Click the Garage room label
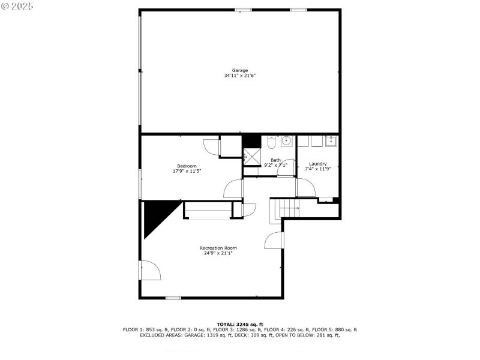click(x=240, y=70)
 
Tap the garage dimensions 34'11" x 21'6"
click(x=240, y=76)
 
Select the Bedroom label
click(x=187, y=166)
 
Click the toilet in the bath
click(x=271, y=142)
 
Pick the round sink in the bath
click(x=286, y=141)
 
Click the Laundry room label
click(x=317, y=164)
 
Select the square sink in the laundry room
click(x=331, y=141)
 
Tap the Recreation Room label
click(x=218, y=248)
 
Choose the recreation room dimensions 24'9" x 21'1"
click(x=218, y=253)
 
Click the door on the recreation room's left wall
click(x=150, y=270)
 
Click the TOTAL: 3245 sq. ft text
click(x=240, y=324)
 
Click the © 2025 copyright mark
click(x=18, y=5)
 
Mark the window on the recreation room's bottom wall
click(x=173, y=298)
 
